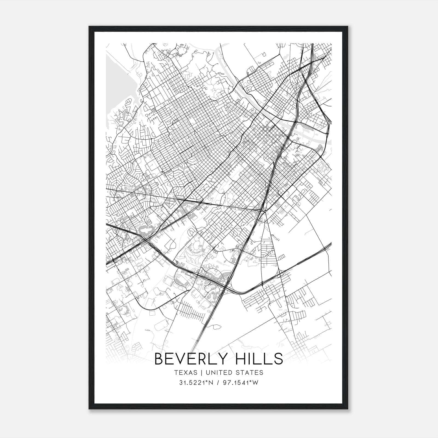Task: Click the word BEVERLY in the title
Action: click(x=191, y=359)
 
